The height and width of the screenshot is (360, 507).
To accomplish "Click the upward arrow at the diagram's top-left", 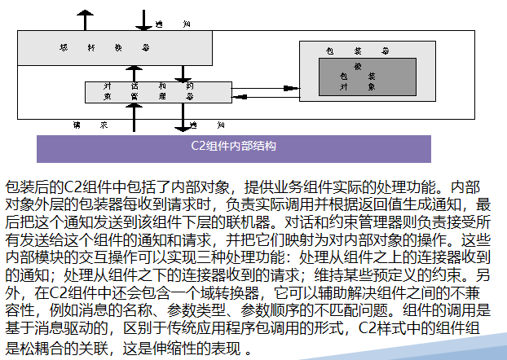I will click(82, 17).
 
